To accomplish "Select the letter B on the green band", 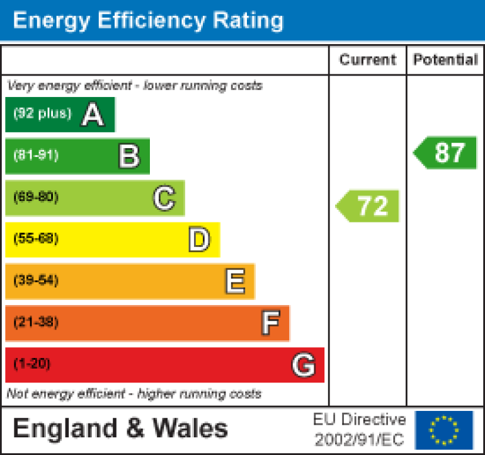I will [x=128, y=156].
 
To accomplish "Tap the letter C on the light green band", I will [x=164, y=199].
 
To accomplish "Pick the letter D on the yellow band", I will [x=199, y=240].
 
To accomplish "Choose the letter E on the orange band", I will [x=235, y=282].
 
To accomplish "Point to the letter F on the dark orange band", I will [x=270, y=323].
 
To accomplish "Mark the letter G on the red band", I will [x=304, y=365].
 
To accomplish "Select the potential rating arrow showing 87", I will [x=446, y=153].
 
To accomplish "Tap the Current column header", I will [x=368, y=60].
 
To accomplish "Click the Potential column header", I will [x=445, y=60].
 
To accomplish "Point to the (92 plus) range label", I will [x=42, y=114].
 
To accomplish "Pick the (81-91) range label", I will [x=36, y=156].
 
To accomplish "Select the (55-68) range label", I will [x=36, y=239].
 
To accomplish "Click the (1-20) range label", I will [x=31, y=364].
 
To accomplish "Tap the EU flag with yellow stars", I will [x=443, y=430].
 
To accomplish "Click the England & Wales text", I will [x=120, y=429].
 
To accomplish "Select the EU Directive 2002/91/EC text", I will [x=360, y=430].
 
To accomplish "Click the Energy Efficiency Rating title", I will [x=148, y=21].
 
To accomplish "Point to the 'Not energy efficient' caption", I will [x=134, y=395].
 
